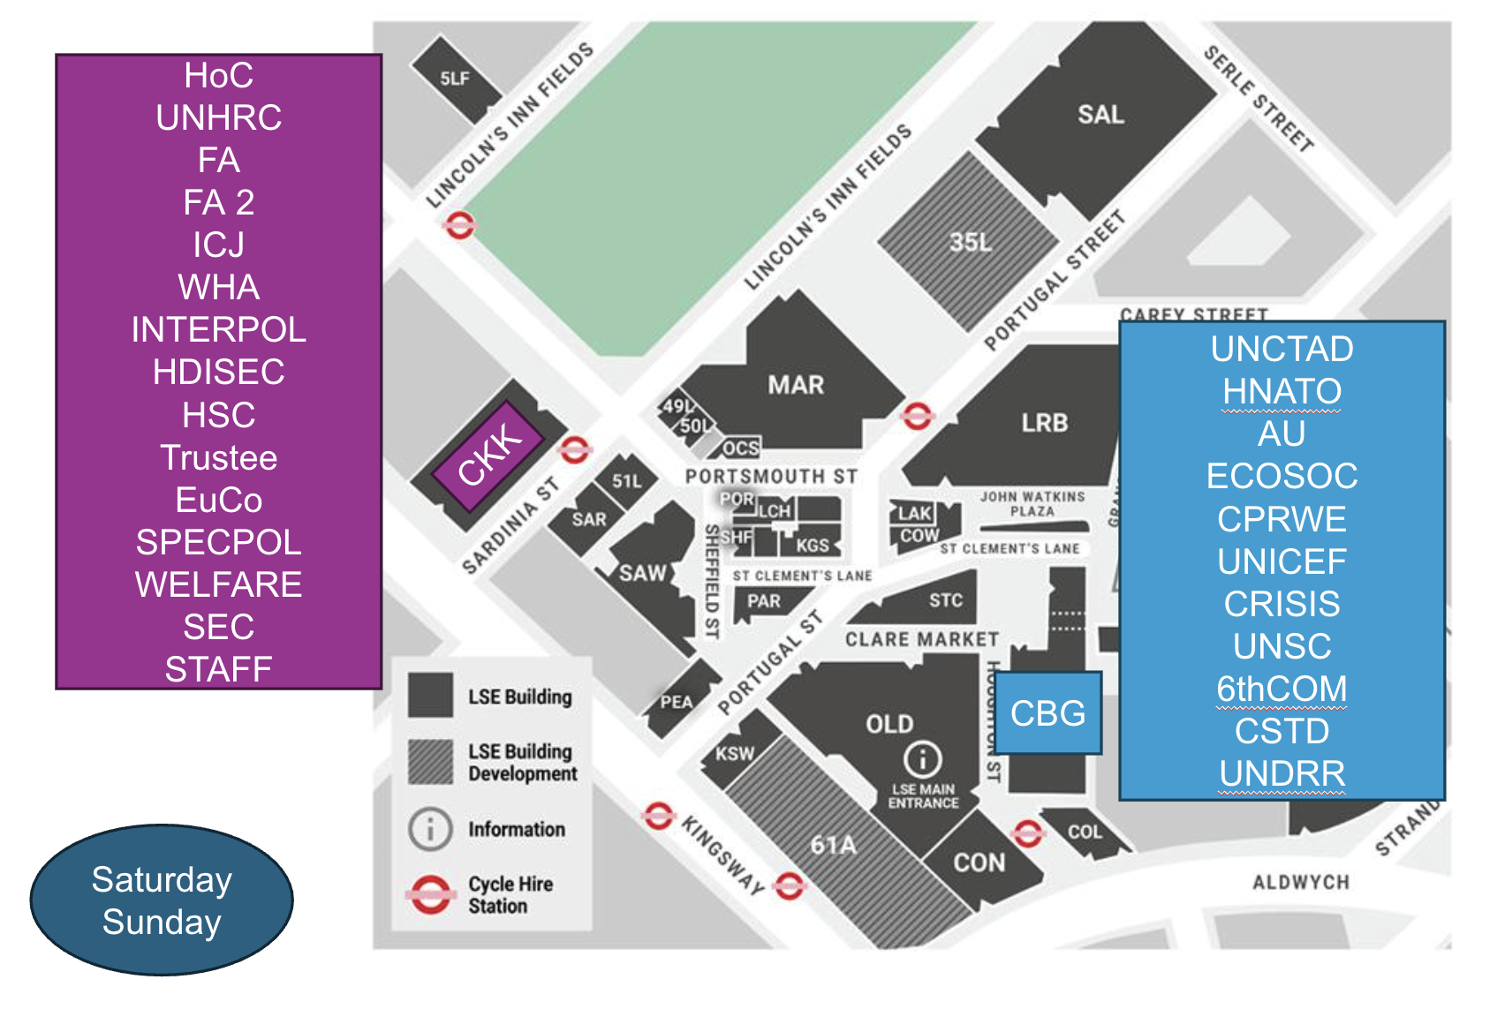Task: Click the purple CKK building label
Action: tap(489, 455)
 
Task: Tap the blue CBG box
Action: tap(1048, 712)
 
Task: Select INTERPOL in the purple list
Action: tap(218, 329)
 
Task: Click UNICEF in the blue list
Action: tap(1282, 561)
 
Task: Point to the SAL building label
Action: tap(1100, 115)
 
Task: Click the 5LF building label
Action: tap(455, 79)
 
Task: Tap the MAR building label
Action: tap(796, 385)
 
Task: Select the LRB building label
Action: tap(1045, 423)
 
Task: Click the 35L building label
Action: tap(971, 242)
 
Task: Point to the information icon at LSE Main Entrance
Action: tap(922, 758)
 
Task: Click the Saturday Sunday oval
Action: tap(162, 900)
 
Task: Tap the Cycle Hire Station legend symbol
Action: tap(430, 894)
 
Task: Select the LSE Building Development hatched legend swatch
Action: tap(431, 761)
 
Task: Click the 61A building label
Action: tap(834, 845)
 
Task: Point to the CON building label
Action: tap(979, 862)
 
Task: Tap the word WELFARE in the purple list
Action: tap(218, 584)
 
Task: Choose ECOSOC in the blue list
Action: tap(1282, 477)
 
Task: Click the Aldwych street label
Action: tap(1300, 882)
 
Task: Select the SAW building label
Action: tap(642, 573)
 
